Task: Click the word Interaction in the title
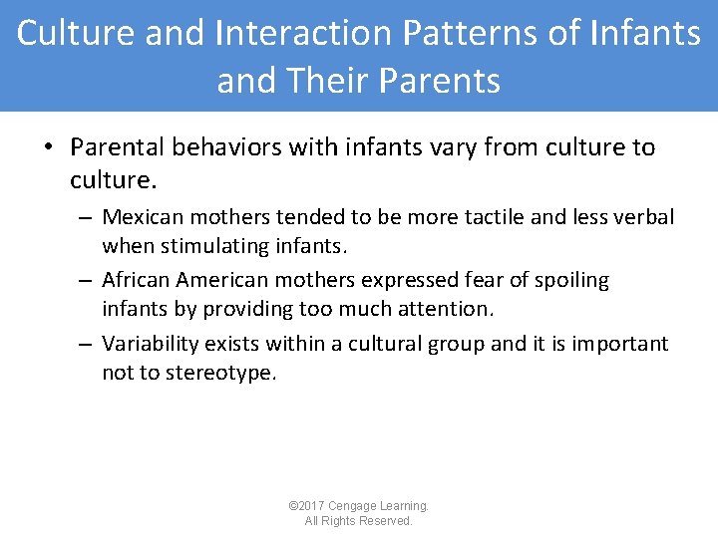point(300,33)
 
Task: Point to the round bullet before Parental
point(47,148)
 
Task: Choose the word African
point(139,281)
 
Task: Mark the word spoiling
point(570,281)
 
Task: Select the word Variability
point(151,344)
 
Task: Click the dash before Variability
point(87,344)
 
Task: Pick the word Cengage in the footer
point(354,506)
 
